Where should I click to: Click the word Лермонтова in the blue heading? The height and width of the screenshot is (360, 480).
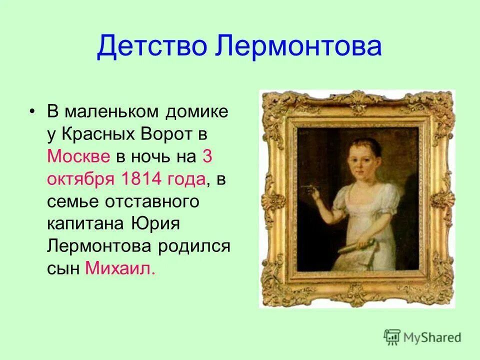299,46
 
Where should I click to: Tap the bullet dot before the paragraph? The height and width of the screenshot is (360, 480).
32,112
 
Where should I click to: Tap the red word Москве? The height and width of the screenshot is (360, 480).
79,156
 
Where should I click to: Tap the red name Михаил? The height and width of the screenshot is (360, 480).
120,268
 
